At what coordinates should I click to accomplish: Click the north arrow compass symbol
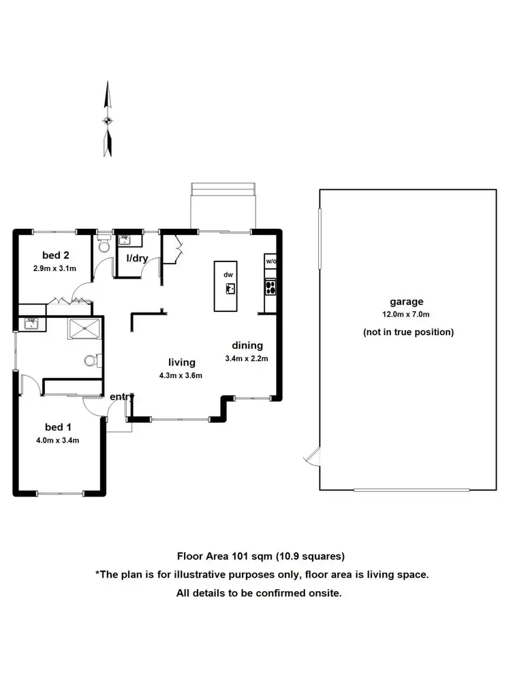click(x=107, y=120)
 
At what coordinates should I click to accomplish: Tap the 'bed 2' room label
click(x=56, y=255)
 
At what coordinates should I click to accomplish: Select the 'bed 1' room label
click(x=58, y=427)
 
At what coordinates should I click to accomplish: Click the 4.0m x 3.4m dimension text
click(x=58, y=439)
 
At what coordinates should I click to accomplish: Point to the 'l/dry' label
click(x=138, y=258)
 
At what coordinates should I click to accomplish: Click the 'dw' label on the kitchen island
click(x=229, y=274)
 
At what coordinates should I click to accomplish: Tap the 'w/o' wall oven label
click(x=270, y=262)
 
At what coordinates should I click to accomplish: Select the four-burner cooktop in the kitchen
click(x=270, y=287)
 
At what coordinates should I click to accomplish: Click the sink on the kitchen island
click(x=230, y=288)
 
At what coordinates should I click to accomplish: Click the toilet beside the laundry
click(x=104, y=247)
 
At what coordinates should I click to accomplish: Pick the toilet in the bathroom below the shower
click(x=91, y=360)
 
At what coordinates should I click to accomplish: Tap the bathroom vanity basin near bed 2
click(x=31, y=323)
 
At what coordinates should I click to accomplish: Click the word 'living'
click(x=182, y=362)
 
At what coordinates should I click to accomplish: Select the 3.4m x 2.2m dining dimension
click(x=247, y=358)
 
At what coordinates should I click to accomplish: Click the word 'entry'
click(x=122, y=396)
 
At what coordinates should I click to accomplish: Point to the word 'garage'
click(x=406, y=302)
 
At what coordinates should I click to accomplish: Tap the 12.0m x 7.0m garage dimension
click(x=407, y=314)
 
